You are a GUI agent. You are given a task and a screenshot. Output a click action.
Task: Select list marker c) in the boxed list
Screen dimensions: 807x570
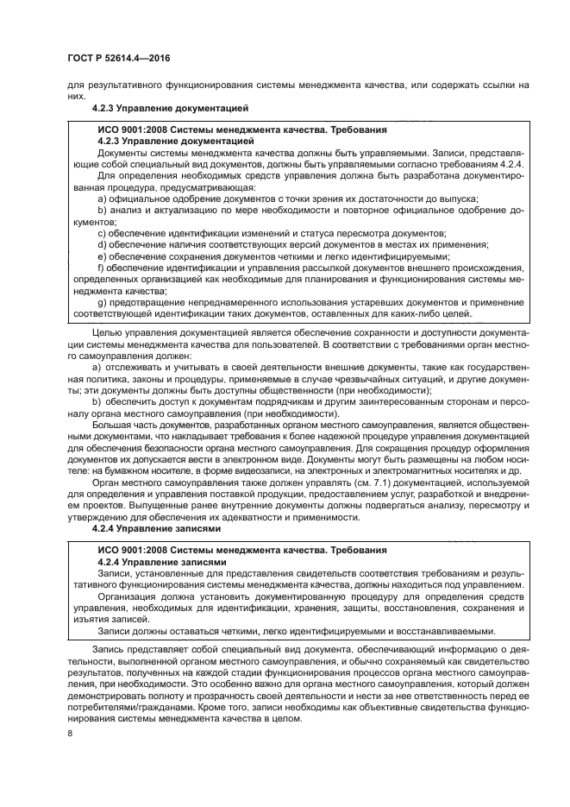pyautogui.click(x=103, y=234)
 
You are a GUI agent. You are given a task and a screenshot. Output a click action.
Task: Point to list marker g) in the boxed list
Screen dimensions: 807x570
pyautogui.click(x=103, y=304)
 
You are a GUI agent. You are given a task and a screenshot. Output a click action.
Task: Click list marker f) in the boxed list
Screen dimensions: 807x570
pyautogui.click(x=102, y=268)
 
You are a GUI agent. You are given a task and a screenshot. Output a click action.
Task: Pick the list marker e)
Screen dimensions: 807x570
pyautogui.click(x=103, y=257)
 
